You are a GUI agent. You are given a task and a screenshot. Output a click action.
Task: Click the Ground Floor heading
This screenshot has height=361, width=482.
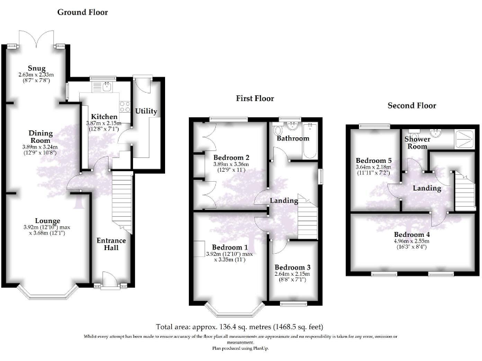coord(82,12)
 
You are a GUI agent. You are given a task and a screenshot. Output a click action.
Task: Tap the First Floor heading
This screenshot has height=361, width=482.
coord(255,98)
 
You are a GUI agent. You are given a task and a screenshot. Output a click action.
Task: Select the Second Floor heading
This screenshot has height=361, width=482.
coord(412,105)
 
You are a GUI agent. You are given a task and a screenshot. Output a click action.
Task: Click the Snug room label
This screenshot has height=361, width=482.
coord(36,68)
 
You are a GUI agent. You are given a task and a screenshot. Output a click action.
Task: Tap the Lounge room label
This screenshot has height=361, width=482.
coord(48,221)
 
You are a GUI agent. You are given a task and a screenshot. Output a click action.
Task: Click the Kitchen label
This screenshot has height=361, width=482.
coord(104,117)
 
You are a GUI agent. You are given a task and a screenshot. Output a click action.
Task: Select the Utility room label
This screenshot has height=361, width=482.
coord(146,112)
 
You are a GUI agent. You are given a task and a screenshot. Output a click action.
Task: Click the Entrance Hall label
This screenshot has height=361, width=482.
coord(111,244)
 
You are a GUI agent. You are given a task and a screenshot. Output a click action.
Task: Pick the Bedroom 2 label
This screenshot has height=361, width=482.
coord(232,157)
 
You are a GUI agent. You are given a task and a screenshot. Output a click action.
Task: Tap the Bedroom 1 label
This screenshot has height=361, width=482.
coord(230,247)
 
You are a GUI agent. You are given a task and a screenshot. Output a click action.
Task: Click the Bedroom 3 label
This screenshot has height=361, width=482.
coord(292,267)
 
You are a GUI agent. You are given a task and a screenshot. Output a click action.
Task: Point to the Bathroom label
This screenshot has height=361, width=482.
coord(293,138)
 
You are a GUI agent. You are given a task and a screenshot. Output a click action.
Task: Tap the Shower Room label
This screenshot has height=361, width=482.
coord(416,142)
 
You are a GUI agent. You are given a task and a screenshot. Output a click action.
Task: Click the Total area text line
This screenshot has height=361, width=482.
coord(240,327)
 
